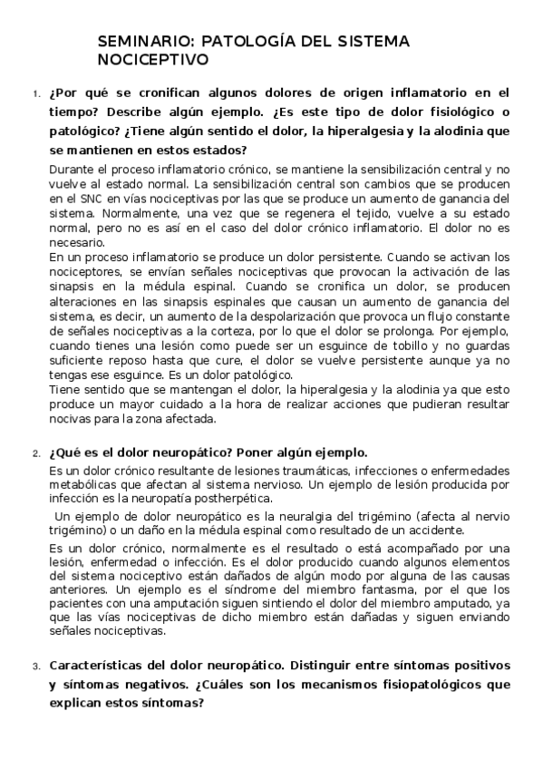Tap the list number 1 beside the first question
[34, 94]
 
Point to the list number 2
[34, 453]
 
